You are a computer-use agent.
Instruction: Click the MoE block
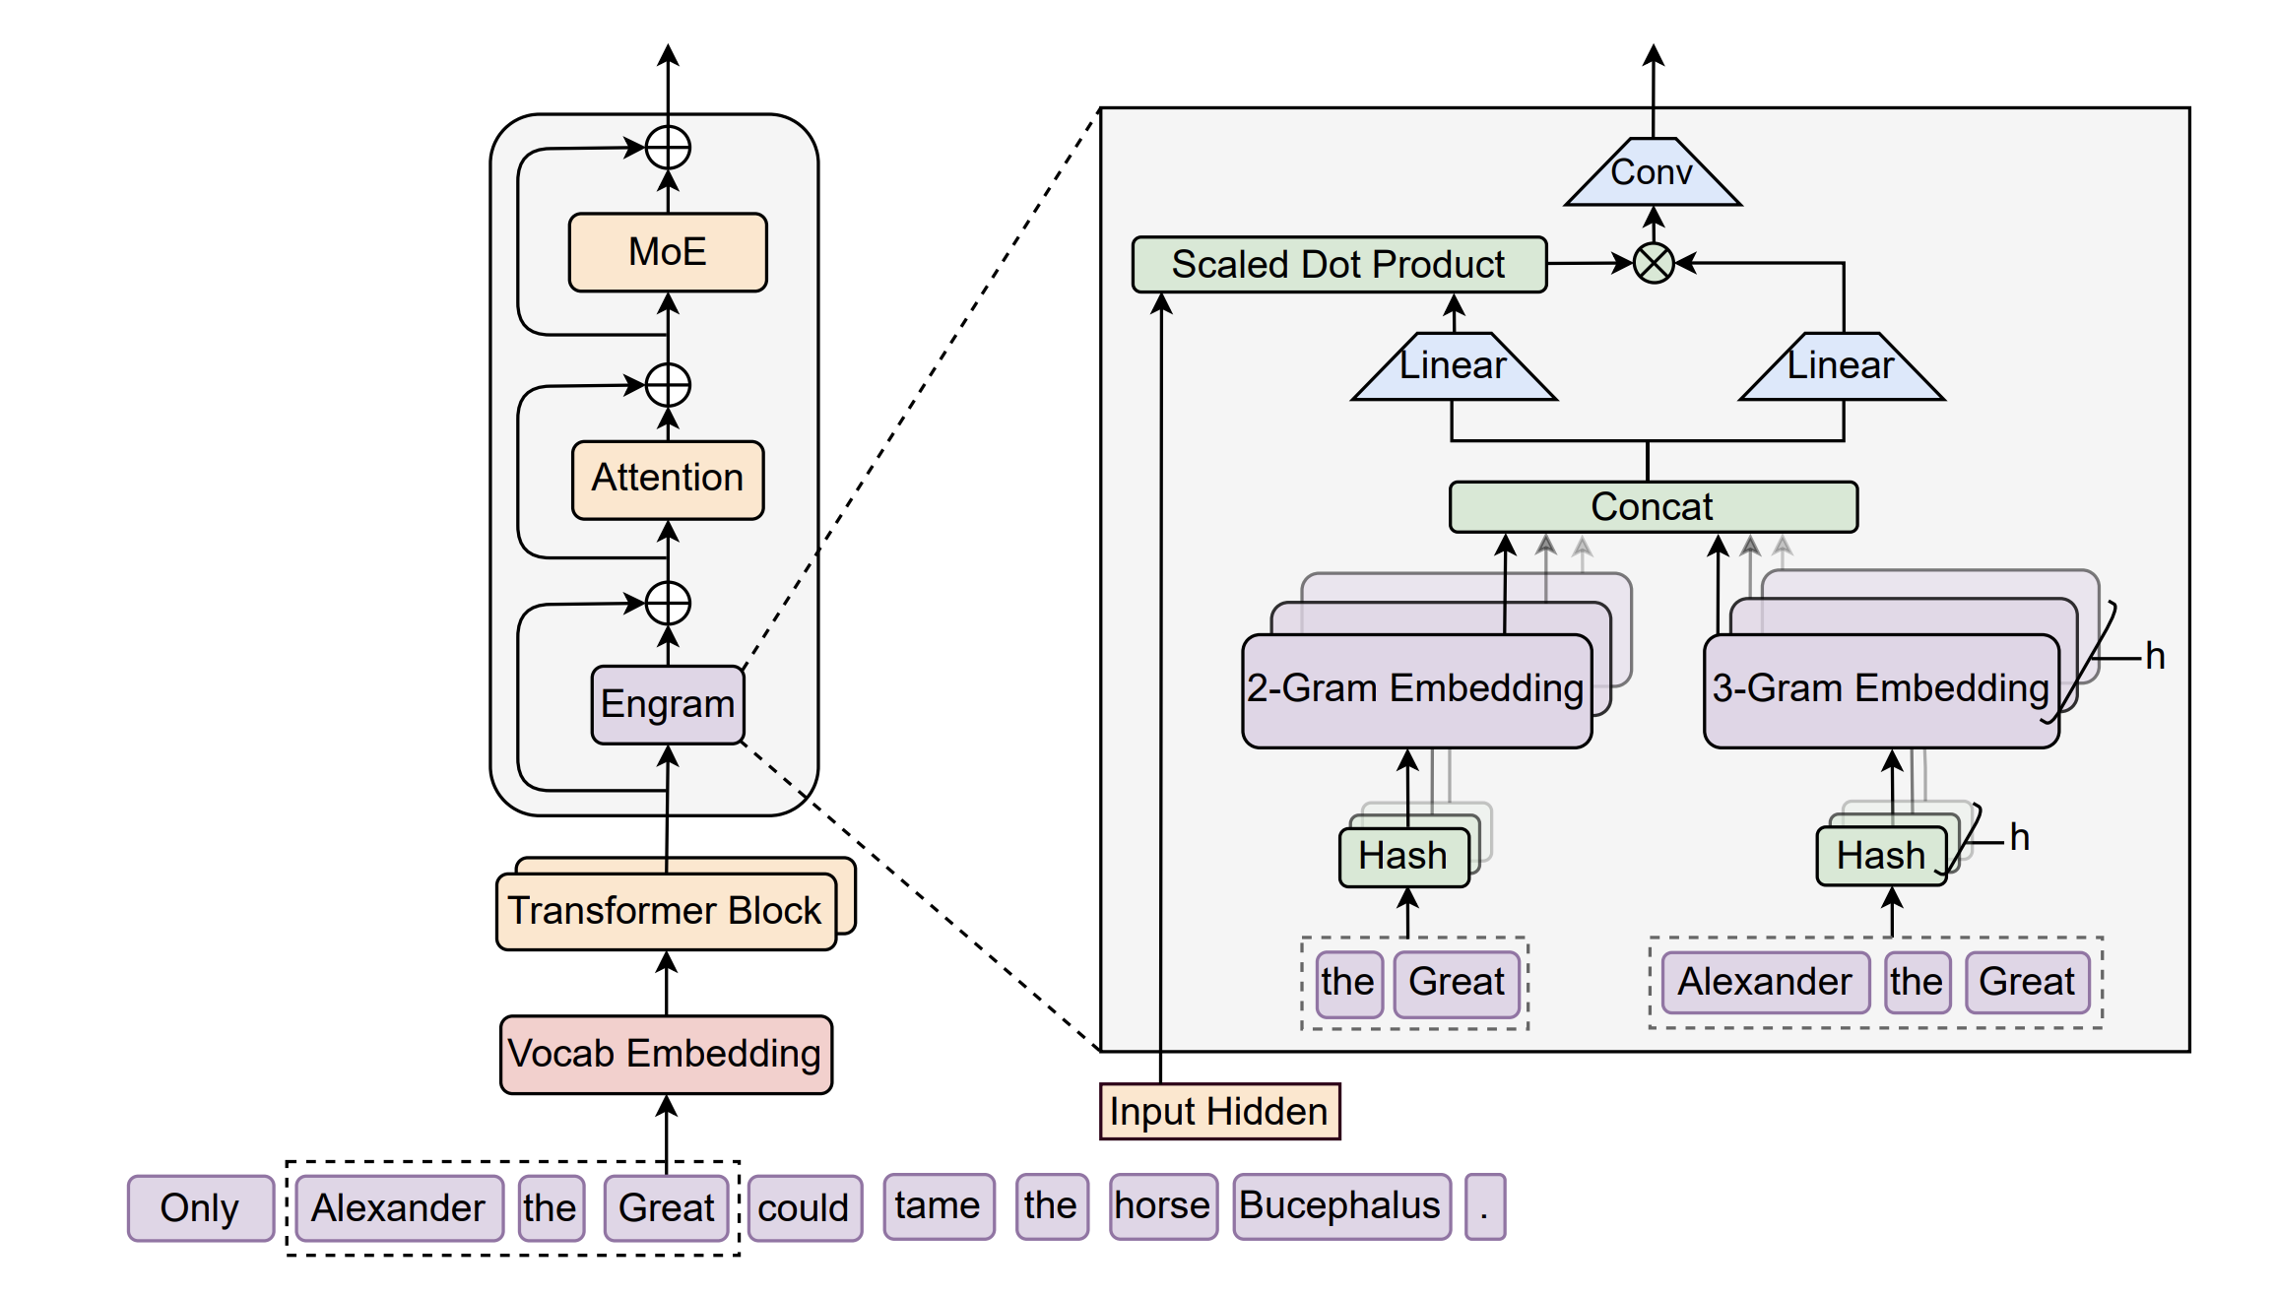click(x=668, y=252)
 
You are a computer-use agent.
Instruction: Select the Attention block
click(x=668, y=479)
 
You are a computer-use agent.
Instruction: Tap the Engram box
click(x=668, y=704)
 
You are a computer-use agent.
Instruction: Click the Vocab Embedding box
click(x=666, y=1054)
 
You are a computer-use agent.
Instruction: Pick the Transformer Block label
click(x=666, y=911)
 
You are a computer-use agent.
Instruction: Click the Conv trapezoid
click(x=1653, y=175)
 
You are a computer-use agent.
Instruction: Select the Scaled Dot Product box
click(x=1338, y=264)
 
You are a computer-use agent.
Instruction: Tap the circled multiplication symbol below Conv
click(x=1654, y=263)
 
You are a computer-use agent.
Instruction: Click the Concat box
click(x=1653, y=507)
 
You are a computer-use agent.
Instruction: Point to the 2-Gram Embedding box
click(x=1416, y=689)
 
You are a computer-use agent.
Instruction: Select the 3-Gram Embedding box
click(x=1880, y=689)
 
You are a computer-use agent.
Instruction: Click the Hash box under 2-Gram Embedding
click(x=1403, y=856)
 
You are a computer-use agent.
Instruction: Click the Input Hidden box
click(x=1219, y=1111)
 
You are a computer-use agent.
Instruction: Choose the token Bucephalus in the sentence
click(x=1340, y=1205)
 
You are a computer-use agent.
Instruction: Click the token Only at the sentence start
click(x=200, y=1207)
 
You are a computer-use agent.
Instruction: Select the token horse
click(x=1163, y=1205)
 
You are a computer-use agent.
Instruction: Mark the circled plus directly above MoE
click(x=668, y=149)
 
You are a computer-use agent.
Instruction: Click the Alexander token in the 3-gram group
click(x=1765, y=982)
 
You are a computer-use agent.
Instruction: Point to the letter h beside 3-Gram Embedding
click(x=2155, y=656)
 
